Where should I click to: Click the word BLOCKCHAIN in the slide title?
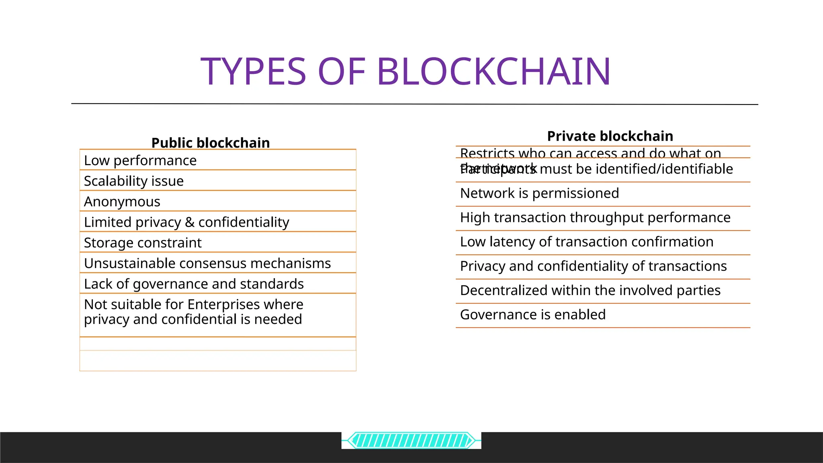click(493, 72)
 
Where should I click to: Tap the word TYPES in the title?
click(253, 72)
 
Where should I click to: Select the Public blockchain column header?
click(211, 143)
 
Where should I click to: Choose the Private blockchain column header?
click(610, 136)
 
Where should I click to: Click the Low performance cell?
click(140, 160)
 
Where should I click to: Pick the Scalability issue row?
click(134, 181)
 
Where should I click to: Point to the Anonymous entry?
click(122, 201)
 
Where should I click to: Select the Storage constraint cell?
click(143, 243)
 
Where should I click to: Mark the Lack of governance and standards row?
click(194, 284)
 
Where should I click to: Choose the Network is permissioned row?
click(539, 193)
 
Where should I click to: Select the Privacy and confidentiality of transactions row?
click(593, 266)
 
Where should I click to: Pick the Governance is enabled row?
click(532, 315)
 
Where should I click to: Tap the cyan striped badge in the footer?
click(411, 440)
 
